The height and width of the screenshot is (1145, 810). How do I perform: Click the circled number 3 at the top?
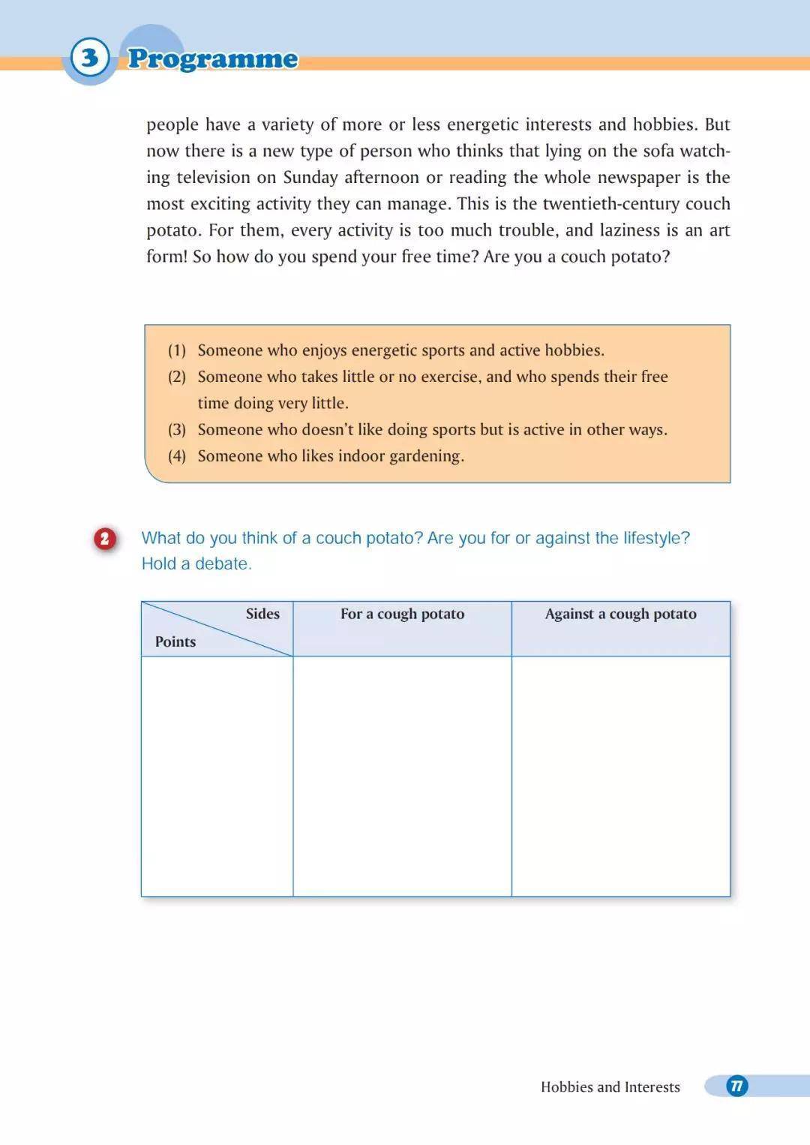click(x=90, y=58)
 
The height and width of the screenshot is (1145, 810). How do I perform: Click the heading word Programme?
click(x=213, y=59)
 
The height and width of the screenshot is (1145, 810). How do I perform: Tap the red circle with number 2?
click(x=105, y=539)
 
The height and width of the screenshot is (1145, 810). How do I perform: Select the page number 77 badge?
click(x=736, y=1086)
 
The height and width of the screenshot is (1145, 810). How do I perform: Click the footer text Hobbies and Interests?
click(x=610, y=1086)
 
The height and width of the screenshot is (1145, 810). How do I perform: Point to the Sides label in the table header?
click(x=262, y=614)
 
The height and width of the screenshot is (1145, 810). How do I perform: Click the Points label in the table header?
click(x=175, y=642)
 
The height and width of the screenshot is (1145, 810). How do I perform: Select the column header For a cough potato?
click(x=402, y=614)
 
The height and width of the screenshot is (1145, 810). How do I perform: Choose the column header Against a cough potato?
click(x=620, y=614)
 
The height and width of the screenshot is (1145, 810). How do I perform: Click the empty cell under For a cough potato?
click(x=402, y=776)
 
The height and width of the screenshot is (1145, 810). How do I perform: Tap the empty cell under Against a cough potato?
click(x=620, y=776)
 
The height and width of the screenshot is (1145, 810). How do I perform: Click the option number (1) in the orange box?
click(x=177, y=350)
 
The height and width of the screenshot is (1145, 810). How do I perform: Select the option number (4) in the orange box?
click(x=177, y=456)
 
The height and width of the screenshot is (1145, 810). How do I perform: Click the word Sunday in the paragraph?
click(x=310, y=178)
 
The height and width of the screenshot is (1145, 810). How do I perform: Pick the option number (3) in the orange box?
click(x=177, y=430)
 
